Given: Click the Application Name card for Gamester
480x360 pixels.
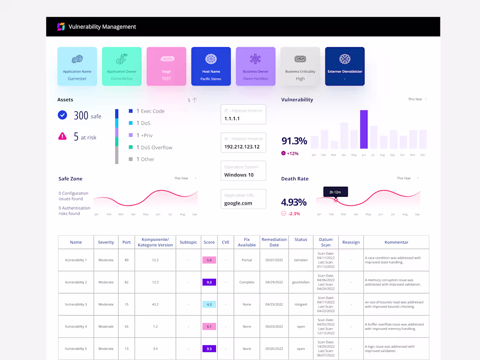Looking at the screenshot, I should pyautogui.click(x=77, y=66).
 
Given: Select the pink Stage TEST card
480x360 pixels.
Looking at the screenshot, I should pyautogui.click(x=166, y=66).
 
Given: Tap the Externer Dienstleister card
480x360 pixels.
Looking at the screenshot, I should pyautogui.click(x=345, y=66).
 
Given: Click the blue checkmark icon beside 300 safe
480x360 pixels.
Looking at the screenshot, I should pyautogui.click(x=62, y=115).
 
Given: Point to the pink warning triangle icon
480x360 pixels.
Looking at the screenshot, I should pyautogui.click(x=62, y=136).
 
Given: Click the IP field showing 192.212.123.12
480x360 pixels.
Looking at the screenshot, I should pyautogui.click(x=243, y=143).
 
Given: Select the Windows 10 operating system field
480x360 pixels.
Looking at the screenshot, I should pyautogui.click(x=243, y=171).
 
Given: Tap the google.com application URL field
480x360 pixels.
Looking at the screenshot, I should pyautogui.click(x=243, y=199).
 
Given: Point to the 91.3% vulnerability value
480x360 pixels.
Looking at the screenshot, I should pyautogui.click(x=294, y=141).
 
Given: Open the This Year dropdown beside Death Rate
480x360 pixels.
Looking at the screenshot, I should pyautogui.click(x=408, y=178).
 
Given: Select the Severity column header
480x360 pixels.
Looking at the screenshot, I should pyautogui.click(x=106, y=242).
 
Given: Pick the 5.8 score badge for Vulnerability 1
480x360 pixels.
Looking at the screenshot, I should pyautogui.click(x=209, y=260).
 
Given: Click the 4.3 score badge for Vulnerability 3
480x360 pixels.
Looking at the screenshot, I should pyautogui.click(x=209, y=304).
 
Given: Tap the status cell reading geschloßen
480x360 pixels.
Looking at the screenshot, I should pyautogui.click(x=301, y=282).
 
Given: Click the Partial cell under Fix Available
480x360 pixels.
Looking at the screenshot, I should pyautogui.click(x=247, y=260).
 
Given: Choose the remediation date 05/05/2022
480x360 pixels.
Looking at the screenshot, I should pyautogui.click(x=274, y=349).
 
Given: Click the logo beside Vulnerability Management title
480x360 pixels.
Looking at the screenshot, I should pyautogui.click(x=61, y=27).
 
